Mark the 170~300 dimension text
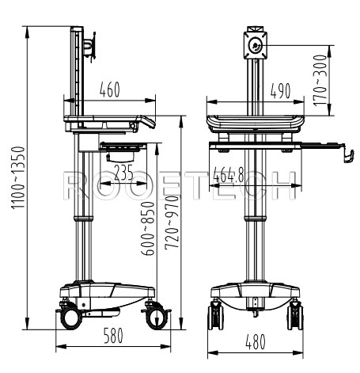coord(320,79)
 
